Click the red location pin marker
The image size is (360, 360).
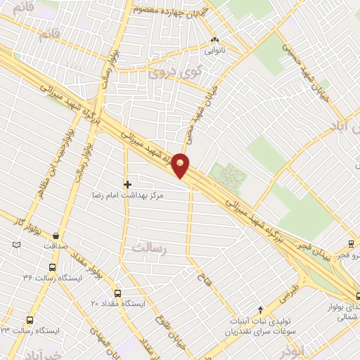181,165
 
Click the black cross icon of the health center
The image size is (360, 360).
127,184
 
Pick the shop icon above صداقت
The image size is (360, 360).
56,236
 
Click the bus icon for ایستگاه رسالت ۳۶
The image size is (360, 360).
51,267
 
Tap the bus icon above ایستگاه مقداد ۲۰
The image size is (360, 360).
117,293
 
